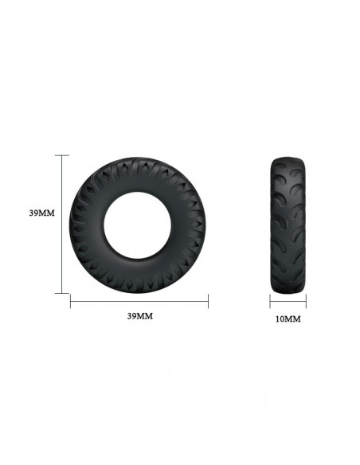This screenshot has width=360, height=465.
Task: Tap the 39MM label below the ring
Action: [139, 316]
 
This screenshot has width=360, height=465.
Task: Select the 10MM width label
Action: [288, 319]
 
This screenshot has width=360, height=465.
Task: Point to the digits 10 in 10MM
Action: [280, 319]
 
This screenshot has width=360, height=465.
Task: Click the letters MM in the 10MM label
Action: [293, 319]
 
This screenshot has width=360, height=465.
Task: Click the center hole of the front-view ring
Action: [139, 224]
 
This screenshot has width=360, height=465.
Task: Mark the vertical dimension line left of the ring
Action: [63, 224]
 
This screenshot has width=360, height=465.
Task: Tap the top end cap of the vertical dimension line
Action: [63, 155]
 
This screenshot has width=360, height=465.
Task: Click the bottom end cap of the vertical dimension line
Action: [63, 293]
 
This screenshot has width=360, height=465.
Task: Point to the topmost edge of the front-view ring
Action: [139, 156]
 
